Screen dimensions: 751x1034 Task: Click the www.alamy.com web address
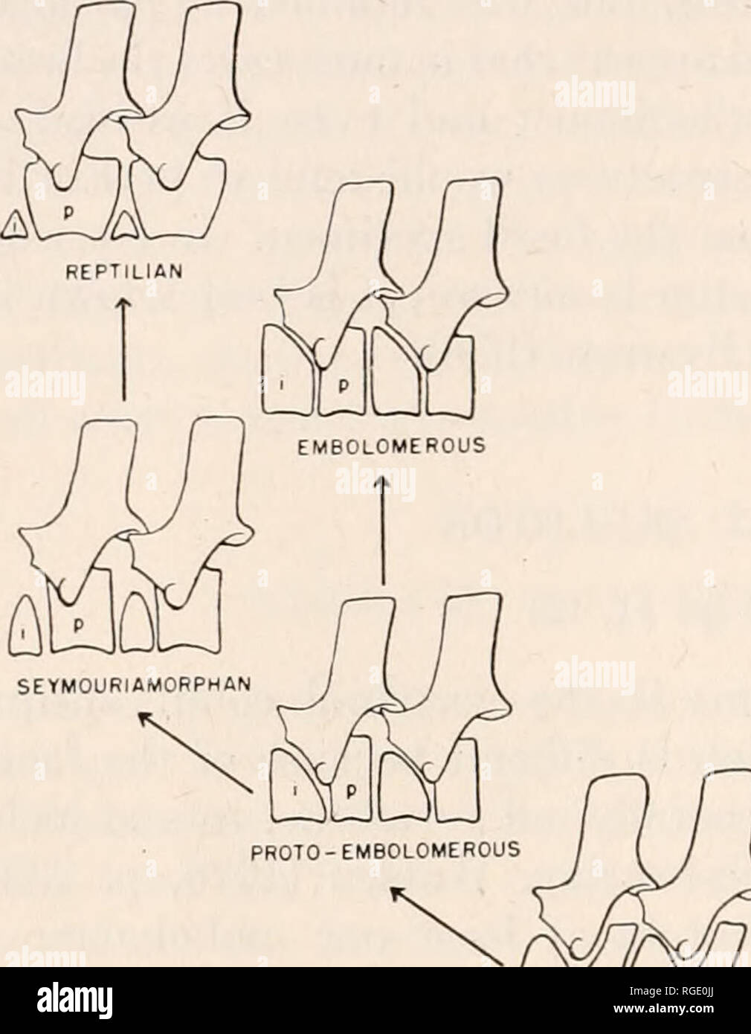(x=685, y=1018)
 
